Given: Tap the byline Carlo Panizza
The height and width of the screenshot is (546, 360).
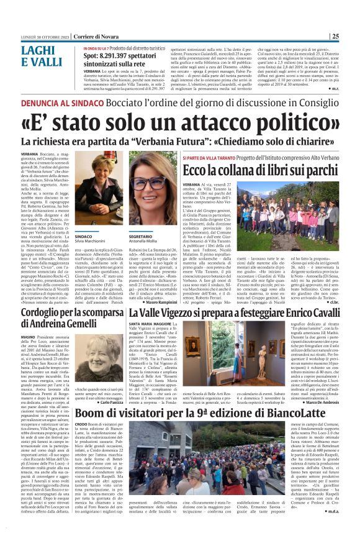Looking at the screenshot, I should (x=110, y=403).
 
